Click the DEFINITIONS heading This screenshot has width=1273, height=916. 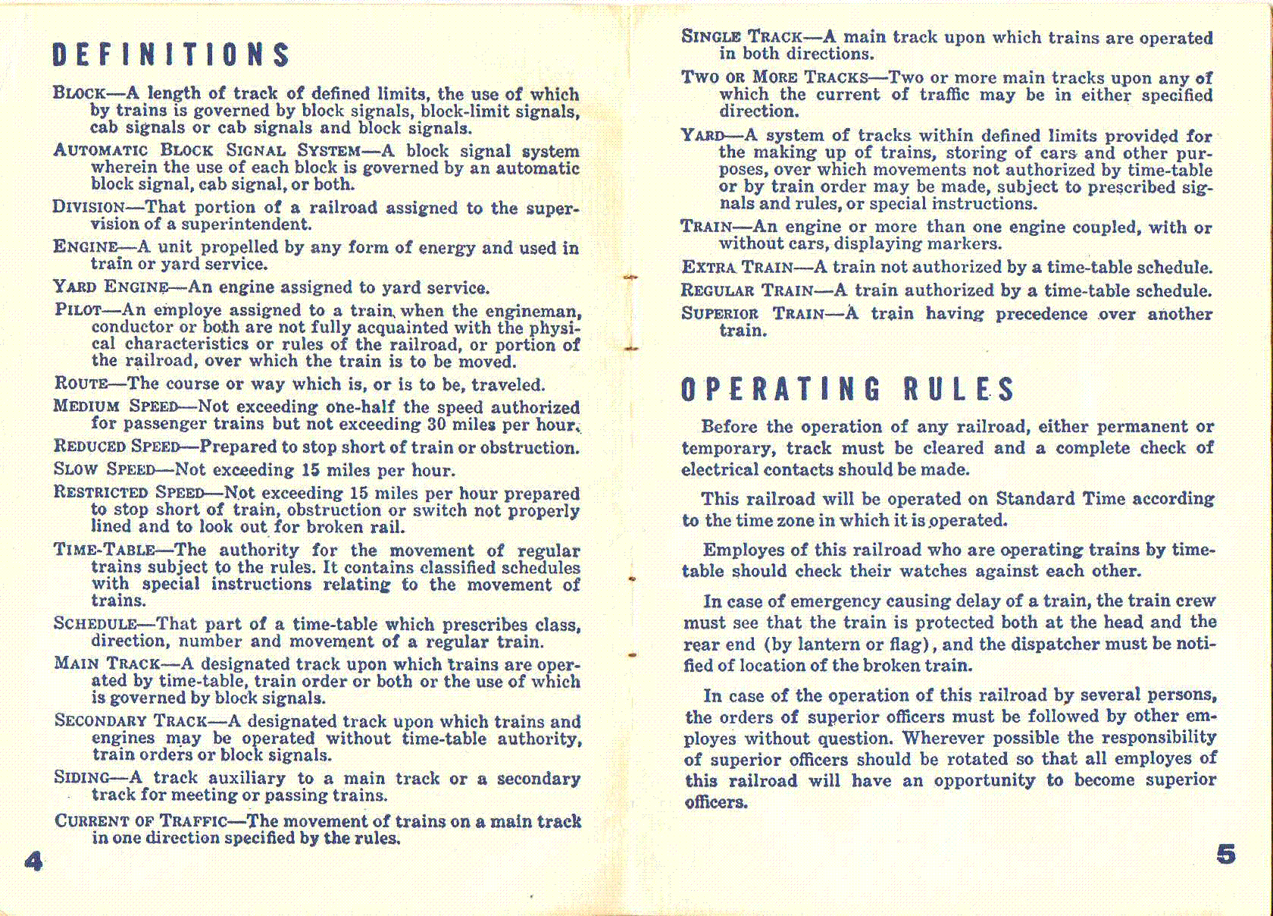(x=171, y=55)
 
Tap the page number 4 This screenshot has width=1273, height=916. (x=33, y=861)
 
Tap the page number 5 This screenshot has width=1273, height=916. (x=1225, y=855)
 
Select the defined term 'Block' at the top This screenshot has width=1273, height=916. (x=79, y=93)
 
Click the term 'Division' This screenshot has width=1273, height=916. (x=88, y=207)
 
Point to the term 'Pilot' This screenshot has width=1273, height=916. (x=78, y=309)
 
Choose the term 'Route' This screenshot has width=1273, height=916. (x=81, y=384)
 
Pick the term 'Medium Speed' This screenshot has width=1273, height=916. (x=115, y=406)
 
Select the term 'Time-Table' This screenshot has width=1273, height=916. (x=105, y=550)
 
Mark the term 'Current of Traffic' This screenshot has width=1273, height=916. (x=140, y=820)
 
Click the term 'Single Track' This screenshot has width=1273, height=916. (x=741, y=36)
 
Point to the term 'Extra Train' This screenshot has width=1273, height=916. (x=737, y=267)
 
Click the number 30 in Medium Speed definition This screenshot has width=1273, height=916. (x=436, y=424)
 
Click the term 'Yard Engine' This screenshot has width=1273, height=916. (x=111, y=287)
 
